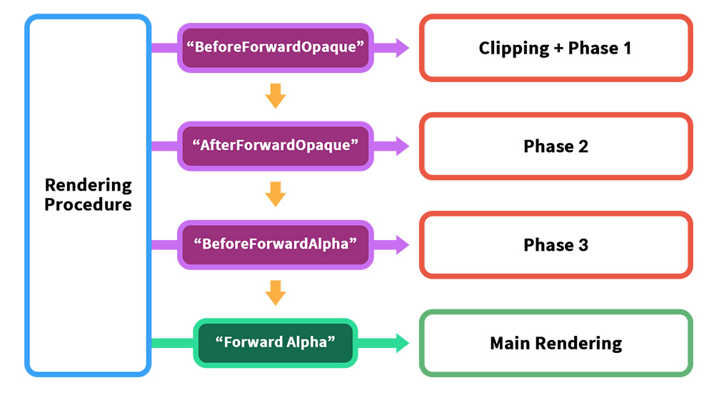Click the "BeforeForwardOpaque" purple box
276,48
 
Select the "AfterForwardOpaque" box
276,146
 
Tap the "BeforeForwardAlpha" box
276,244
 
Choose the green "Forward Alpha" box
276,343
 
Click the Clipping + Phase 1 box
556,48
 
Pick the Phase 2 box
556,146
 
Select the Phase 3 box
556,244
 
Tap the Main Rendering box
556,343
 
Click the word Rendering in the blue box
89,186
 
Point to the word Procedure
88,204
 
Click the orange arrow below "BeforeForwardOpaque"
276,96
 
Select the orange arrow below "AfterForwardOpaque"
276,194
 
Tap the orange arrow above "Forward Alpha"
276,293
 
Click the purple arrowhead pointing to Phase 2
403,146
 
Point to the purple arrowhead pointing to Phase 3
403,244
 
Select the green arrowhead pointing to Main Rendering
403,343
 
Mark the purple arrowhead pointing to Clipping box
403,48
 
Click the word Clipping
514,49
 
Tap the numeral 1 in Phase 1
627,48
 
